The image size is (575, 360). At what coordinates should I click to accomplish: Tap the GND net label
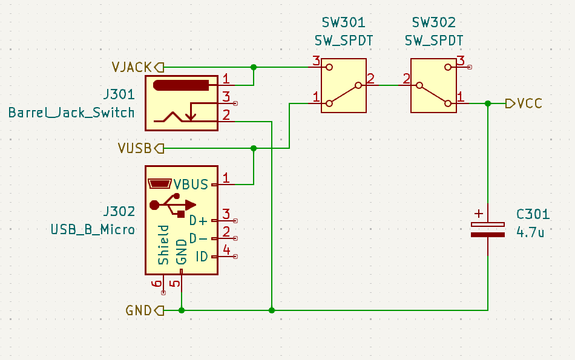pyautogui.click(x=139, y=310)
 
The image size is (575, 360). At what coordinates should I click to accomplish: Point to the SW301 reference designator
pyautogui.click(x=343, y=24)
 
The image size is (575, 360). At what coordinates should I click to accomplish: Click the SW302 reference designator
pyautogui.click(x=433, y=24)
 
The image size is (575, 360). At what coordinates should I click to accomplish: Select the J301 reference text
pyautogui.click(x=119, y=95)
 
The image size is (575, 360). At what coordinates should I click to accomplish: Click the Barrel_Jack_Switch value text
pyautogui.click(x=71, y=113)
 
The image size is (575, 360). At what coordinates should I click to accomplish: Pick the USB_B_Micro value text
pyautogui.click(x=93, y=229)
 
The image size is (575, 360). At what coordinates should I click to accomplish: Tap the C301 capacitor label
pyautogui.click(x=533, y=214)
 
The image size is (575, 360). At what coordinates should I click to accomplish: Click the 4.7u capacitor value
pyautogui.click(x=530, y=231)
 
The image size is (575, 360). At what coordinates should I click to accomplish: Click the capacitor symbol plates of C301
pyautogui.click(x=488, y=229)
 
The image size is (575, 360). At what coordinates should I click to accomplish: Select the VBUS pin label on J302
pyautogui.click(x=191, y=185)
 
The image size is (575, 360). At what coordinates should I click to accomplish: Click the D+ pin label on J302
pyautogui.click(x=199, y=220)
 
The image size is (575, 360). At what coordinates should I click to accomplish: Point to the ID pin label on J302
pyautogui.click(x=202, y=257)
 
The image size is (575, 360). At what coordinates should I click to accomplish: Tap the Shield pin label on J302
pyautogui.click(x=163, y=245)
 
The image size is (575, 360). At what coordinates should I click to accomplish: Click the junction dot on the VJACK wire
pyautogui.click(x=254, y=67)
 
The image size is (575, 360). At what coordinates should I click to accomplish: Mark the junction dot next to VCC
pyautogui.click(x=488, y=103)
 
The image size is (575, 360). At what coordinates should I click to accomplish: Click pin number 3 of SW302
pyautogui.click(x=461, y=61)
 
